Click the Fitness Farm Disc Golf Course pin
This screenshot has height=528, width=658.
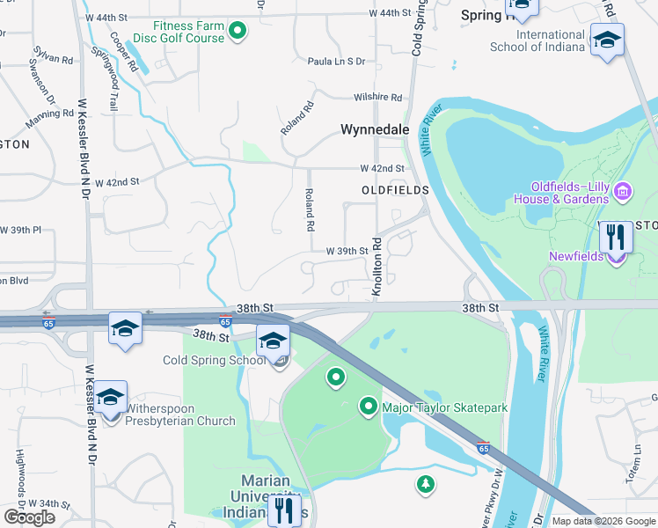point(237,33)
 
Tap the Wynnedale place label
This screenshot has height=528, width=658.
point(376,129)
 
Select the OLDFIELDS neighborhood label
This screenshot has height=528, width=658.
point(394,190)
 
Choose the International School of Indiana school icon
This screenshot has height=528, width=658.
point(607,40)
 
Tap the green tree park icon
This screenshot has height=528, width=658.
point(425,483)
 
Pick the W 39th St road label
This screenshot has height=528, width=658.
point(347,251)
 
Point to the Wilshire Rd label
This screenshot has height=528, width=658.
point(377,98)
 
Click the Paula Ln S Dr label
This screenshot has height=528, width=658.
point(335,62)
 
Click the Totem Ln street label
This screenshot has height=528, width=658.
point(637,458)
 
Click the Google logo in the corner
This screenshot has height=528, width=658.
point(29,517)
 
